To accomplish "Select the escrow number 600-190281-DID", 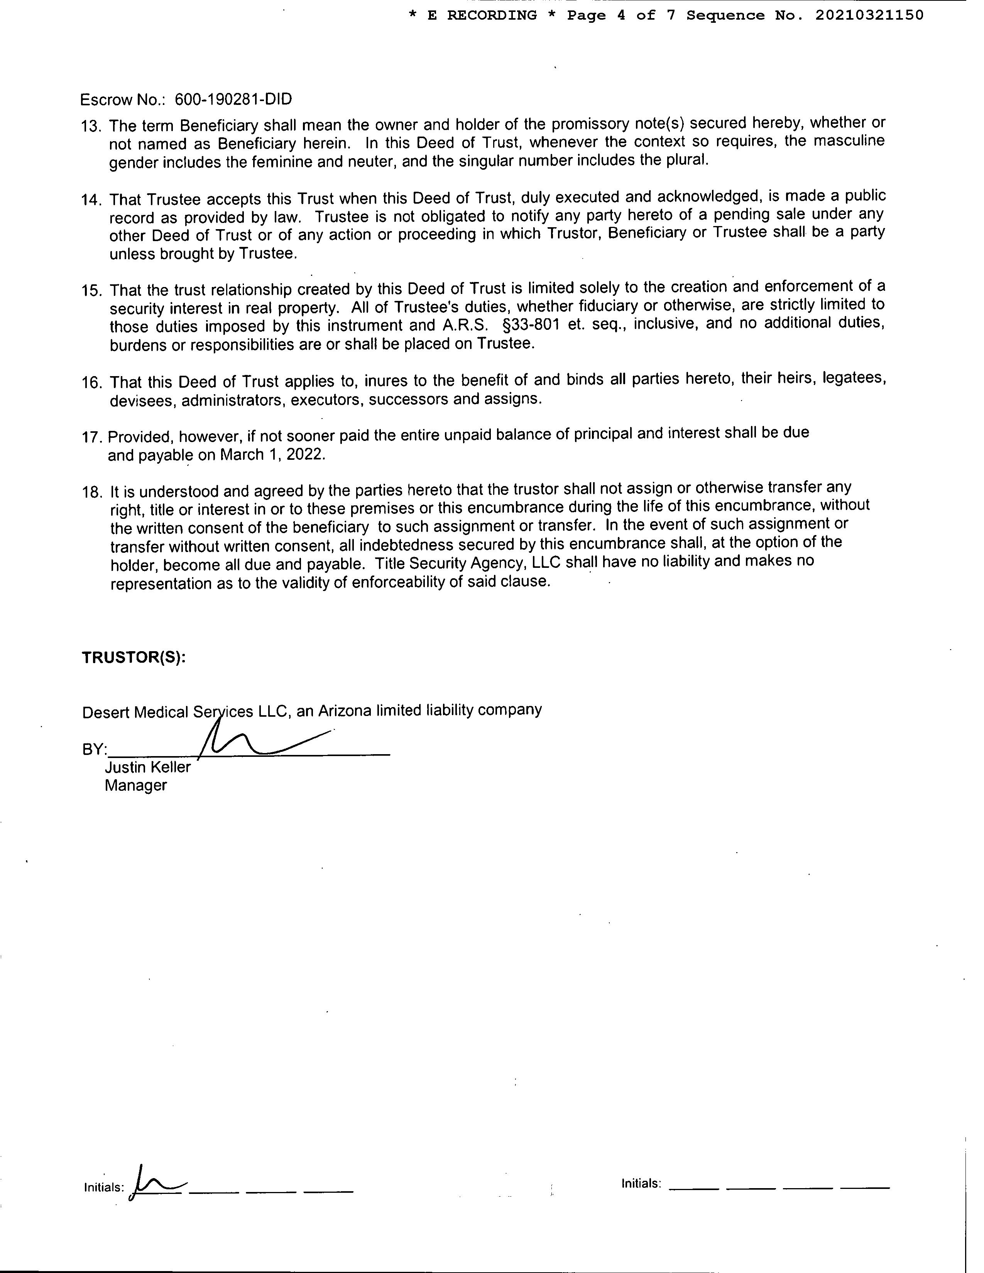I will pos(233,100).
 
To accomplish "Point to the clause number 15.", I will pos(91,291).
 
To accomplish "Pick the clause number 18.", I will pos(91,492).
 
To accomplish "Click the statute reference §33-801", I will pos(526,324).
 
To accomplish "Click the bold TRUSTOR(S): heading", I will pos(134,657).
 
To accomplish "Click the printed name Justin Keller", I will pos(147,767).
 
